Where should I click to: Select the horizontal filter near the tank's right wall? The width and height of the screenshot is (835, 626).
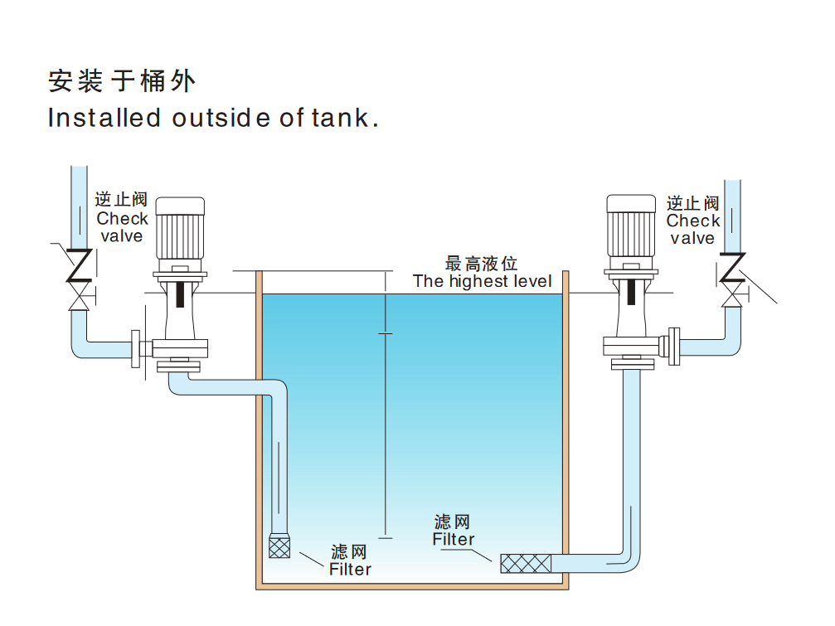(526, 564)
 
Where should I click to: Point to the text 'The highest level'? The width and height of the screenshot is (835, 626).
(482, 281)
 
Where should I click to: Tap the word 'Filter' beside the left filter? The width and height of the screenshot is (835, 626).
(350, 570)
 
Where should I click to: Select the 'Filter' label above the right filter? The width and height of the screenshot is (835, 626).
(454, 539)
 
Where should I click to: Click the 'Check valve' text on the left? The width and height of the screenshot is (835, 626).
(122, 227)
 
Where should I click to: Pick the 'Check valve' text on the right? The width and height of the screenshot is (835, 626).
(692, 230)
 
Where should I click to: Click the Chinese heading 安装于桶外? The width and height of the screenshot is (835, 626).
(122, 81)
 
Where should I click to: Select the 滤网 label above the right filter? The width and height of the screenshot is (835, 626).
(453, 522)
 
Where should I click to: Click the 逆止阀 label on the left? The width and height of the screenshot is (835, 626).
(121, 200)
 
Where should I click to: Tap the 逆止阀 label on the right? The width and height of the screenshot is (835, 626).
(692, 203)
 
